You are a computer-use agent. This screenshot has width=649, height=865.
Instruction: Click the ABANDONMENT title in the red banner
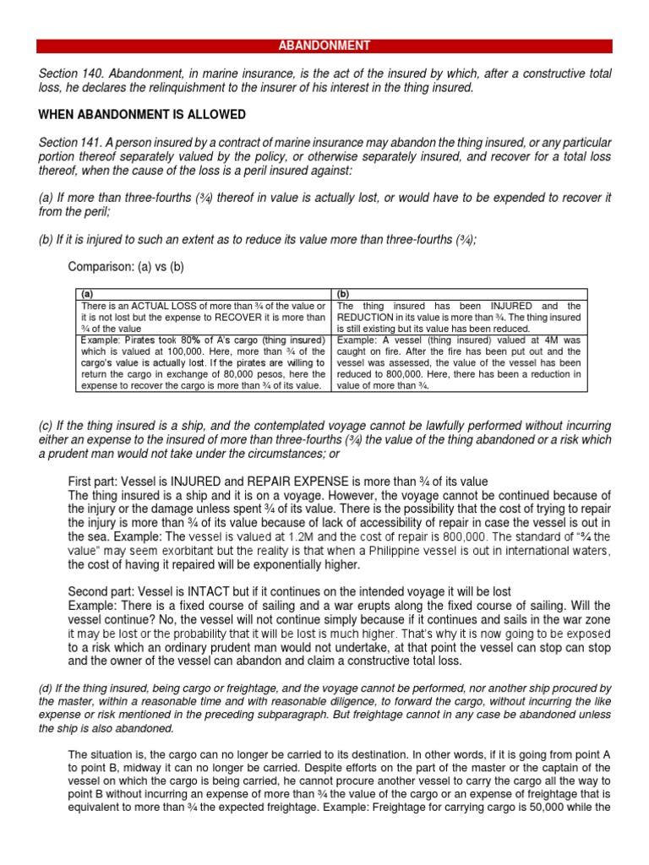pyautogui.click(x=324, y=46)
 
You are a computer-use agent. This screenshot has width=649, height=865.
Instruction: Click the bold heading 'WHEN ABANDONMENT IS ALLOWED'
pyautogui.click(x=142, y=114)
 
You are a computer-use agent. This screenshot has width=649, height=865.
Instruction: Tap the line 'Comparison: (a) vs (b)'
pyautogui.click(x=125, y=267)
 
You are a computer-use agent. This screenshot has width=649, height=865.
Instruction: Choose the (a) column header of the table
pyautogui.click(x=88, y=295)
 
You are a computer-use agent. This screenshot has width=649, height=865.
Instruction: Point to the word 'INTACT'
pyautogui.click(x=192, y=592)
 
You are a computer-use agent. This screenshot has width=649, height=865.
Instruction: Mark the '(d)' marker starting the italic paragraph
pyautogui.click(x=46, y=688)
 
